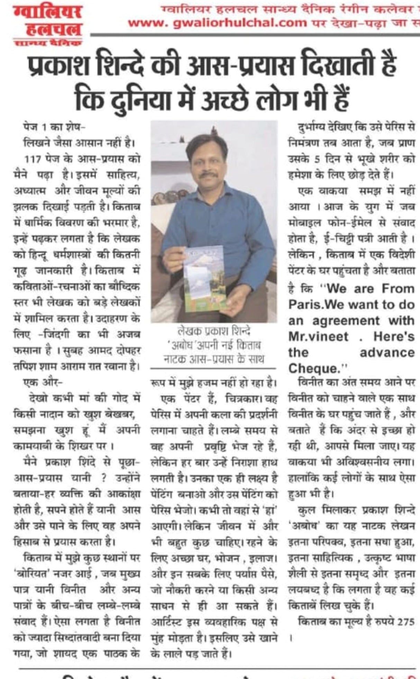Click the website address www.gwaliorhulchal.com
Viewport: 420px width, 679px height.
(217, 23)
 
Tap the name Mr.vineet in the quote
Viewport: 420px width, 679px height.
(318, 336)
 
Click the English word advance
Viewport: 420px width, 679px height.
(387, 352)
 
